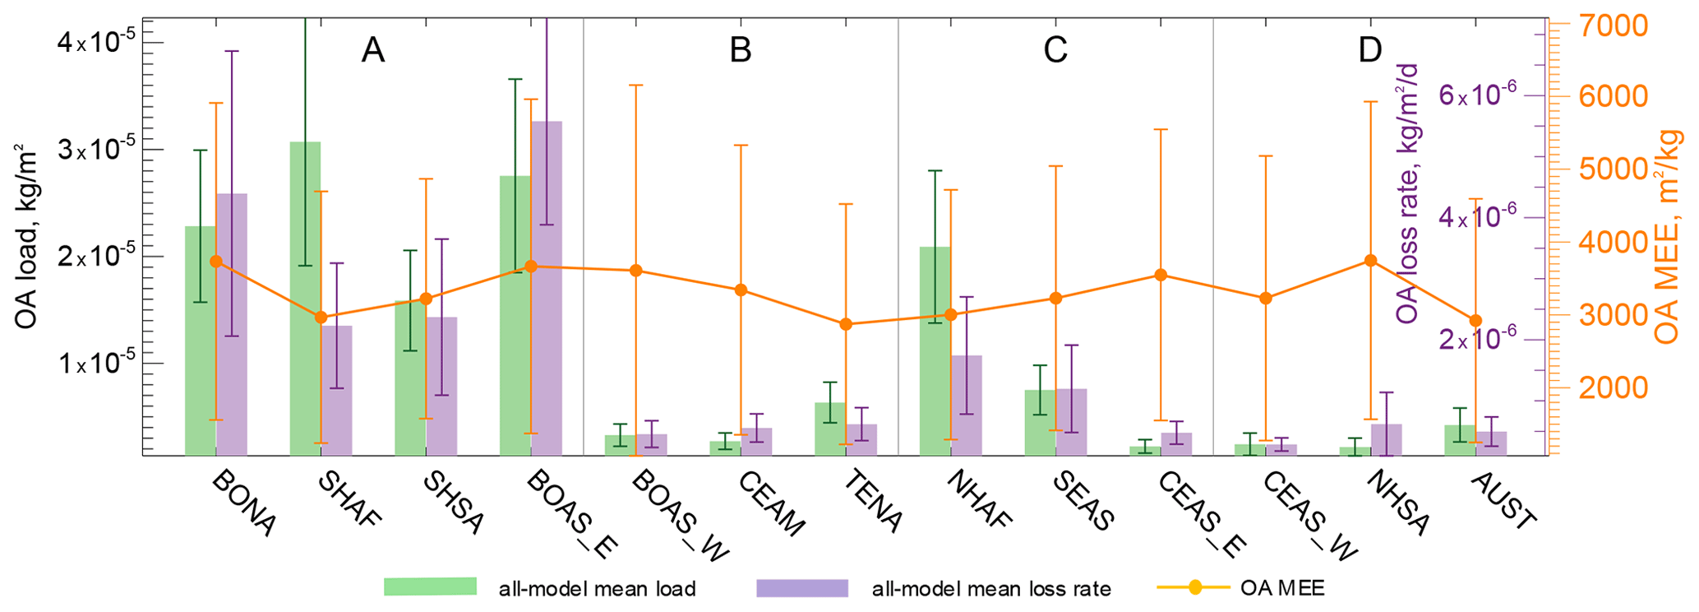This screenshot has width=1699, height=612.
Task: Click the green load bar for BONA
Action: tap(200, 341)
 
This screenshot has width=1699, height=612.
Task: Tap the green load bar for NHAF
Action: tap(935, 350)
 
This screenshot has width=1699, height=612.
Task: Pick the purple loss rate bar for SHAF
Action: tap(336, 390)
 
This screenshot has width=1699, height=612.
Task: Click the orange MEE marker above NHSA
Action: tap(1370, 261)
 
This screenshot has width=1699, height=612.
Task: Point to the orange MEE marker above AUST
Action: tap(1475, 321)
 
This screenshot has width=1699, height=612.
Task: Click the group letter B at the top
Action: tap(740, 51)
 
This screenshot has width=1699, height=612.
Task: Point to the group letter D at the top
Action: tap(1370, 51)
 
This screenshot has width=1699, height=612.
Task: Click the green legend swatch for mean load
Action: tap(430, 586)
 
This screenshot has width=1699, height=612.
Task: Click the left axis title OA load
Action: tap(27, 239)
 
